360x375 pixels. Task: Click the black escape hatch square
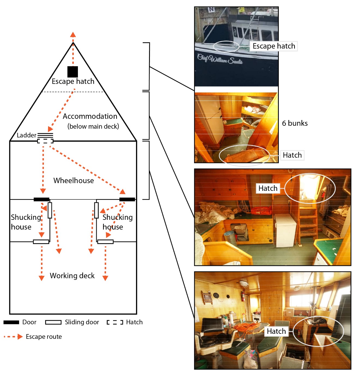[73, 72]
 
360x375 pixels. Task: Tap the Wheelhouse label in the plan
[74, 181]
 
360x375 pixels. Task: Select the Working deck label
[72, 276]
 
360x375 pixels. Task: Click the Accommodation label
[90, 116]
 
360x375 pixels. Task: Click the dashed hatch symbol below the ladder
[45, 141]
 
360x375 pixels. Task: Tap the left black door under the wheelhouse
[41, 199]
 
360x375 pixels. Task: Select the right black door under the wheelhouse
[127, 199]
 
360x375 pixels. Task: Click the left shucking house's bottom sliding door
[41, 242]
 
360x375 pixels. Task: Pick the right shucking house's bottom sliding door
[105, 242]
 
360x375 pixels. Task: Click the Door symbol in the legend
[11, 322]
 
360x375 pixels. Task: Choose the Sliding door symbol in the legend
[53, 322]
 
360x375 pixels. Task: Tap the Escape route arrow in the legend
[13, 337]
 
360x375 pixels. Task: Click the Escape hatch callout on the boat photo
[274, 46]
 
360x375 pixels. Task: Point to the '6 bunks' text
[295, 123]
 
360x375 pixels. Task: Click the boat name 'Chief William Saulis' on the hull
[220, 59]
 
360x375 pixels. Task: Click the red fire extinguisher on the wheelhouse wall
[243, 296]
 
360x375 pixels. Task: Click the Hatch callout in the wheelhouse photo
[276, 331]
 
